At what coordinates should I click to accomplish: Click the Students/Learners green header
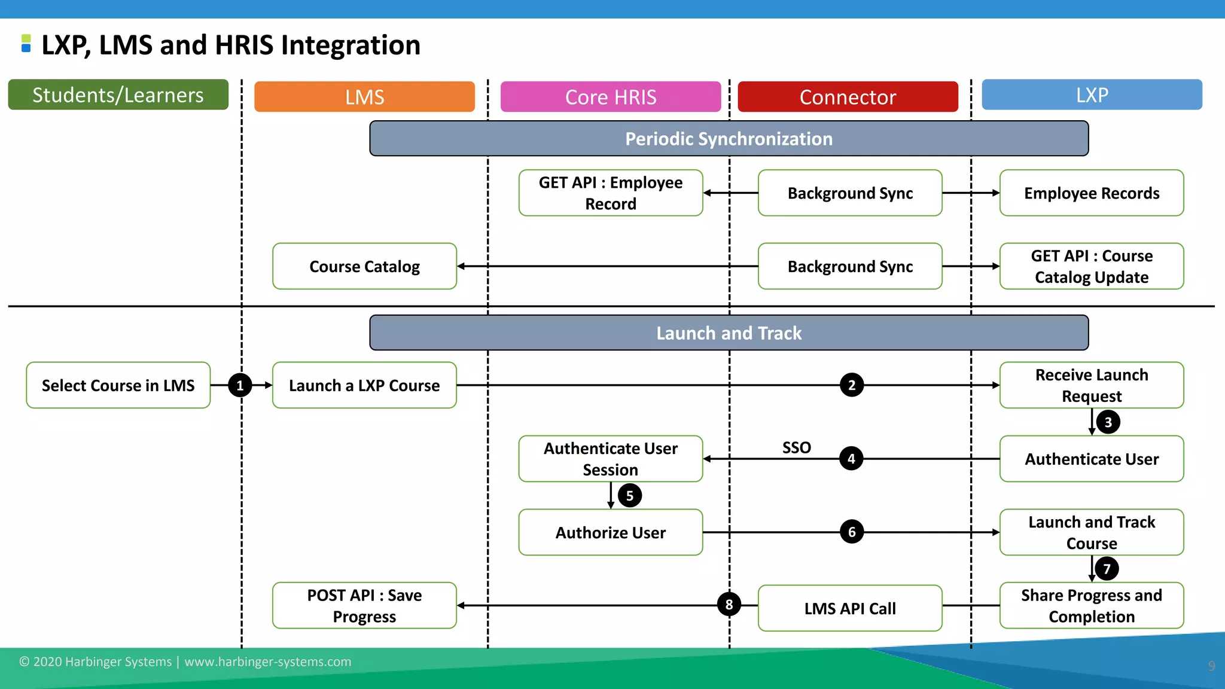[x=118, y=94]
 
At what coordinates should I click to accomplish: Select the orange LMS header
[x=364, y=97]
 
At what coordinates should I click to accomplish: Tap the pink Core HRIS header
[x=610, y=97]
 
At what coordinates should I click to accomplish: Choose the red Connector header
[x=848, y=97]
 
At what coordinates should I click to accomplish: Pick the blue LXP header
[x=1092, y=94]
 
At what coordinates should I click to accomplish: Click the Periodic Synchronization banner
[x=729, y=139]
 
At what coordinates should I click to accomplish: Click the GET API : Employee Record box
[x=610, y=193]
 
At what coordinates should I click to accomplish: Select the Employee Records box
[x=1092, y=193]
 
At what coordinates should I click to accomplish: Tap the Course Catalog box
[x=364, y=266]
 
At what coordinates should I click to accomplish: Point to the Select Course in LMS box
[x=118, y=385]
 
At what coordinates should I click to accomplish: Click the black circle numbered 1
[x=240, y=385]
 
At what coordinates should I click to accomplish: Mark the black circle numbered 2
[x=852, y=385]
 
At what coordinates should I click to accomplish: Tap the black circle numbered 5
[x=629, y=495]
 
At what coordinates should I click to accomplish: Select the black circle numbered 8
[x=729, y=605]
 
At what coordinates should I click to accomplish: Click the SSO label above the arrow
[x=796, y=447]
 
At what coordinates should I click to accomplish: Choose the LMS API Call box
[x=849, y=608]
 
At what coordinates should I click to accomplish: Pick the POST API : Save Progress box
[x=364, y=605]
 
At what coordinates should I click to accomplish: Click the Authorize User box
[x=610, y=532]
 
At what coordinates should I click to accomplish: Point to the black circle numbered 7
[x=1107, y=568]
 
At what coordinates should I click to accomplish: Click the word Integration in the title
[x=351, y=45]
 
